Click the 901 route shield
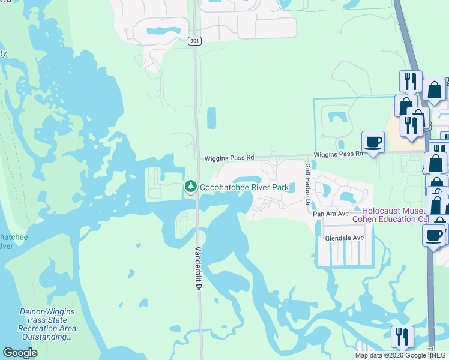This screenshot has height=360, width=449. pos(194,41)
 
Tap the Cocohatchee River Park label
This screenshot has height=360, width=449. pos(244,188)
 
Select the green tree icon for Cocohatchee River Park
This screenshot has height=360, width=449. pos(191,187)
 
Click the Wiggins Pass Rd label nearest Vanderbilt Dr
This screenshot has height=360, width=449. pos(229,158)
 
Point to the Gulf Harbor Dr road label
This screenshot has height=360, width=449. pos(307,184)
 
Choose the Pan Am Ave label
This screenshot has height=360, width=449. pos(330,214)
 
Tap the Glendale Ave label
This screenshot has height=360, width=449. pos(345,238)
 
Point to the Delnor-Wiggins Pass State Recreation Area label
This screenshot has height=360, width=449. pos(47,320)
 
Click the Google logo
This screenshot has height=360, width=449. pos(20,353)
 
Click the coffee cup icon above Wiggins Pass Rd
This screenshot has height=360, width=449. pos(373,142)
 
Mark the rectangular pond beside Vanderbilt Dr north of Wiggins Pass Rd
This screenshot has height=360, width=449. pos(211,118)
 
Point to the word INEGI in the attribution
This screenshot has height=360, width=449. pos(439,356)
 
